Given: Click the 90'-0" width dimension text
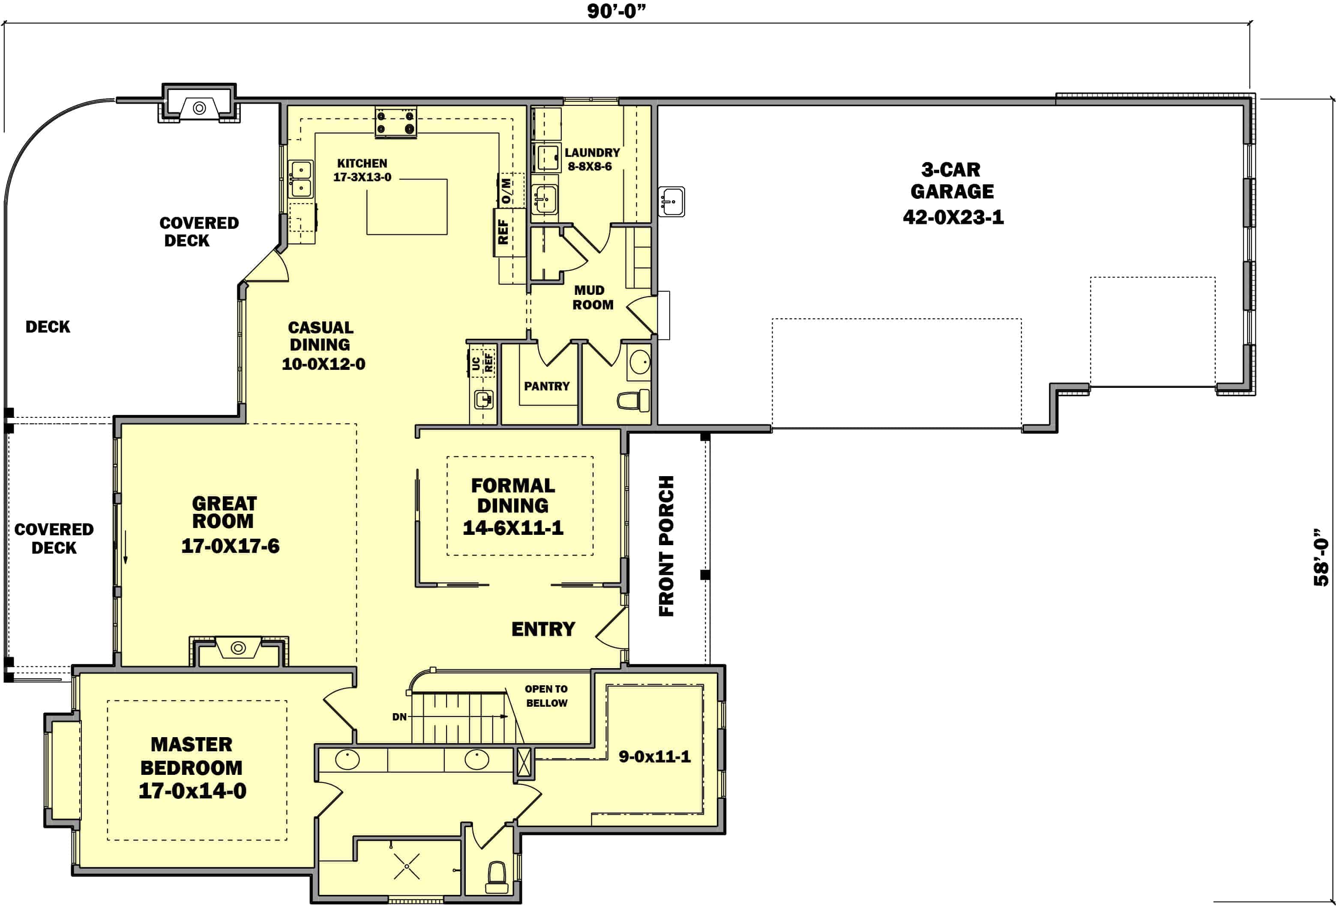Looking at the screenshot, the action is tap(616, 11).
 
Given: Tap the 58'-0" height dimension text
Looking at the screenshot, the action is tap(1321, 558).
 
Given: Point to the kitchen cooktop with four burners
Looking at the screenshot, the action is tap(395, 122).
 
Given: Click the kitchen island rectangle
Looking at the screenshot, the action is tap(407, 207).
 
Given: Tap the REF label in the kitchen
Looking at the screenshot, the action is tap(503, 232).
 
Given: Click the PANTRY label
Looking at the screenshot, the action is tap(547, 386).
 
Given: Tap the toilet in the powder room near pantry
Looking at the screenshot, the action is tap(634, 400).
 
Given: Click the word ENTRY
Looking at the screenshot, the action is tap(543, 629).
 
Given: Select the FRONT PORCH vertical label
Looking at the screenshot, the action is tap(666, 546).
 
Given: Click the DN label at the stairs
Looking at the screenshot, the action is tap(399, 717).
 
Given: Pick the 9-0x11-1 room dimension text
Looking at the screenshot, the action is tap(654, 756).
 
